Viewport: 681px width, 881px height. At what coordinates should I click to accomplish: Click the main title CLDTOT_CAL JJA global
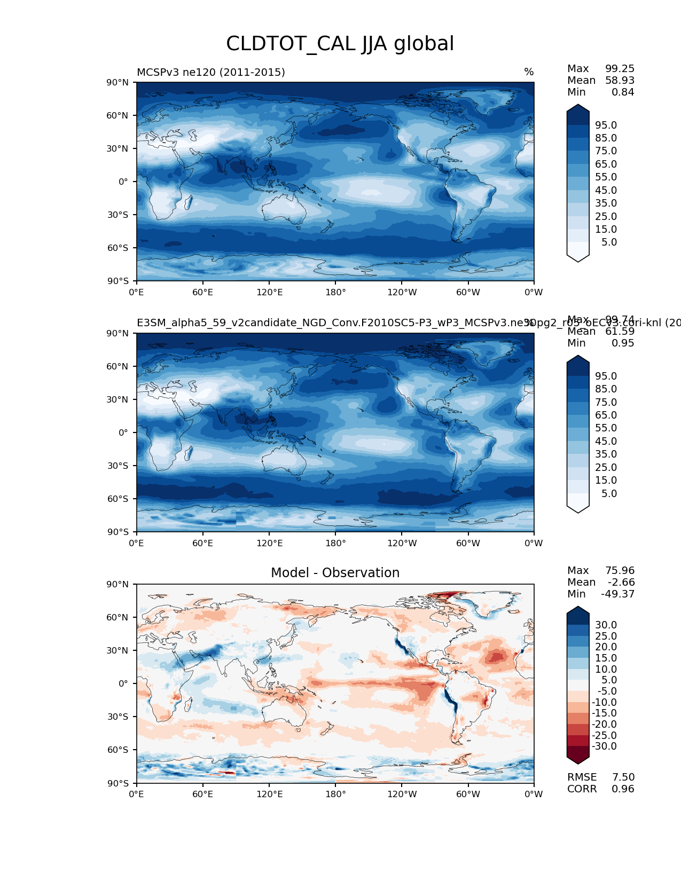pos(340,44)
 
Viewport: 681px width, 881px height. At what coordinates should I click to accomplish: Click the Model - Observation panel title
pos(335,573)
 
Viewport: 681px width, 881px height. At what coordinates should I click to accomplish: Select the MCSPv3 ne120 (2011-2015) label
pos(210,72)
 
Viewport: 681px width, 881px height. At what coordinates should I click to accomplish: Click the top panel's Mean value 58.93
pos(620,80)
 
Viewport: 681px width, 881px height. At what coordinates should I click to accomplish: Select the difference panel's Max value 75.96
pos(620,570)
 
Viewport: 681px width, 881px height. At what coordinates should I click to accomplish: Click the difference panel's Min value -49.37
pos(617,594)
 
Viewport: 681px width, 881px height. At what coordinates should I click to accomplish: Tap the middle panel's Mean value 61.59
pos(620,331)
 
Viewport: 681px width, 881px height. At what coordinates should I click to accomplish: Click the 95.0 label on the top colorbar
pos(606,125)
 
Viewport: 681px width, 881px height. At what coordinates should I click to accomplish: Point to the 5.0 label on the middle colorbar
pos(609,493)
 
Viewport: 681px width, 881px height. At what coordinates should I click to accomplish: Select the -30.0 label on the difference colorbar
pos(604,746)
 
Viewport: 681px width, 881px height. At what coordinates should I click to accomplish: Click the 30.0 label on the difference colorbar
pos(606,625)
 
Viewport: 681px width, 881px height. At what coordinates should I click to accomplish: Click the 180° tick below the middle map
pos(335,543)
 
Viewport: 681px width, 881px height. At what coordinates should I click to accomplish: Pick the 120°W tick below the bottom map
pos(402,794)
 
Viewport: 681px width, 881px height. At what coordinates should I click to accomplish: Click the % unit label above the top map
pos(529,72)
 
